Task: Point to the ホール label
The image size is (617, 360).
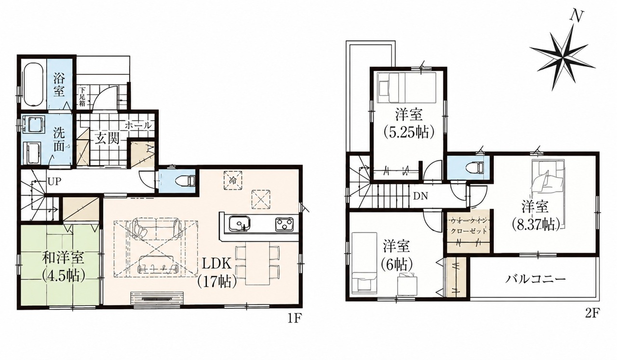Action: pyautogui.click(x=138, y=125)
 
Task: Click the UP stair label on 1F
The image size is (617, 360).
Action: pyautogui.click(x=54, y=182)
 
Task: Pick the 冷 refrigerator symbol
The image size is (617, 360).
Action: pyautogui.click(x=233, y=180)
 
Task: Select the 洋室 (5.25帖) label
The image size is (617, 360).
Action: pyautogui.click(x=409, y=124)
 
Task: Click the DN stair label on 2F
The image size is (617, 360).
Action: pyautogui.click(x=420, y=196)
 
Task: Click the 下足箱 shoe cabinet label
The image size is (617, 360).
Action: pyautogui.click(x=82, y=97)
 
